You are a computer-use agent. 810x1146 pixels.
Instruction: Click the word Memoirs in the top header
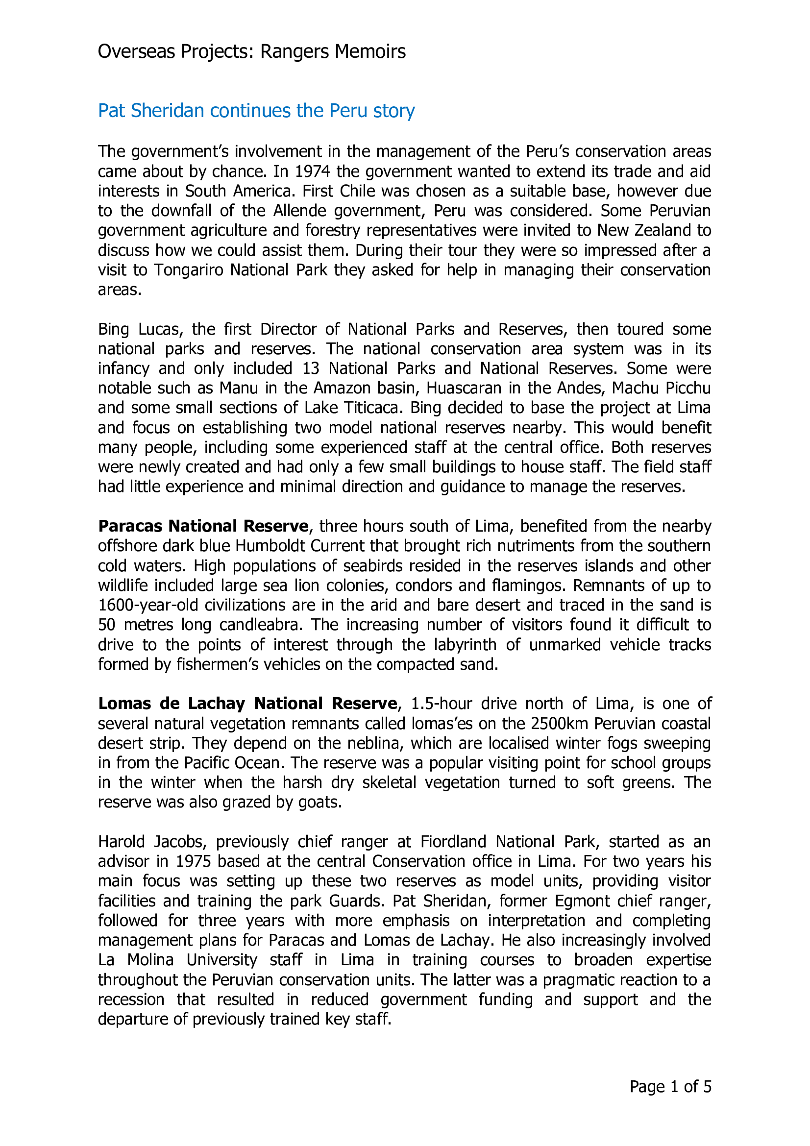(370, 52)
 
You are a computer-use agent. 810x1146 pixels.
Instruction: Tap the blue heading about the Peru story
(256, 111)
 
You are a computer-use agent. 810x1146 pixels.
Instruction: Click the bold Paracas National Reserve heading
(203, 526)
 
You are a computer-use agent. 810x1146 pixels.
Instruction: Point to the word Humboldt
(270, 546)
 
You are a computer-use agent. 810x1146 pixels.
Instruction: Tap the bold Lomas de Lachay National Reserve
(247, 703)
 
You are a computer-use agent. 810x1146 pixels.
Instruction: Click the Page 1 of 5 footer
(670, 1087)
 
